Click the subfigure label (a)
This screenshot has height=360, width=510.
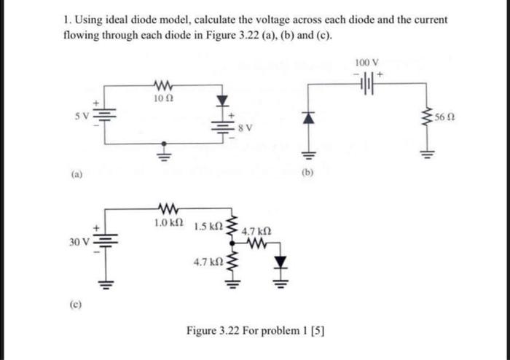76,175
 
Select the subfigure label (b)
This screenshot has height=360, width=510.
307,175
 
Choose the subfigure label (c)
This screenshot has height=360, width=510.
76,297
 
